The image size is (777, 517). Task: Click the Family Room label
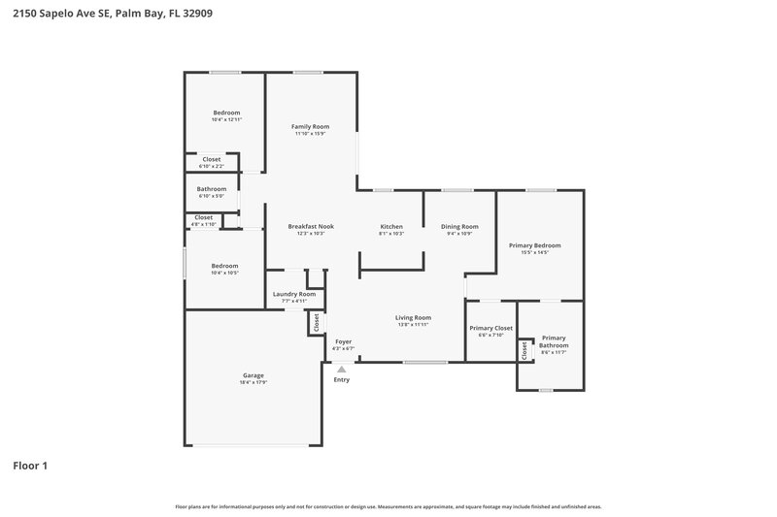312,127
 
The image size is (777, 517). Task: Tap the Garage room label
253,375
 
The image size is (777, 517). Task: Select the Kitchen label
390,227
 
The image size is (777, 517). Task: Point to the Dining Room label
458,227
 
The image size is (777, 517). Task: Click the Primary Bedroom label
535,245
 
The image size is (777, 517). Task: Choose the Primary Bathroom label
554,341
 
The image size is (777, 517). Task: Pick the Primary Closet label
490,328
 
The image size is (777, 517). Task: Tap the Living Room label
413,317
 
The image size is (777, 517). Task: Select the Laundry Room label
293,294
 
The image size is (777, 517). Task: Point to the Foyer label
344,341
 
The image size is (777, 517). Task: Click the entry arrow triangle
341,369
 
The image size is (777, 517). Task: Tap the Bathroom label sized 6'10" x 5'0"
212,189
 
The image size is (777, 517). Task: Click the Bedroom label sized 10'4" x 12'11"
226,113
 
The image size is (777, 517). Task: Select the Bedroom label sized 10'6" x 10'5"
225,266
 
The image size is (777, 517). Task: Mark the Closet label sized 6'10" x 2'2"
212,159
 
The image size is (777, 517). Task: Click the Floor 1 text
30,466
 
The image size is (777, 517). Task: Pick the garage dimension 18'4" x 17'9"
253,382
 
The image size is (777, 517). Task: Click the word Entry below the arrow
341,379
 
